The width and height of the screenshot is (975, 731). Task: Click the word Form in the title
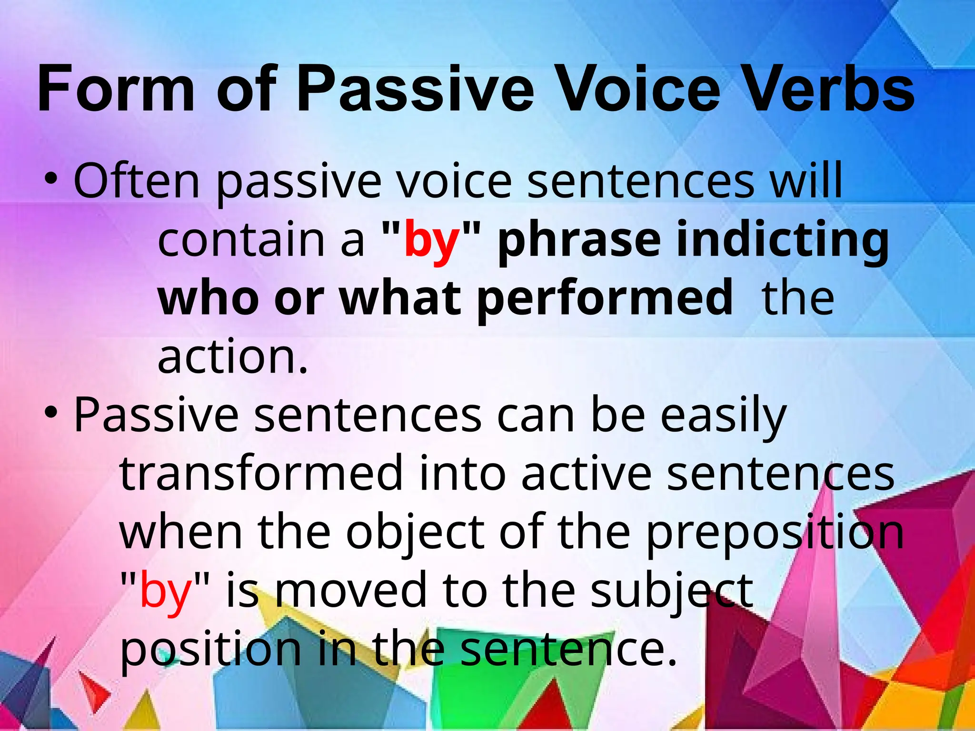tap(116, 89)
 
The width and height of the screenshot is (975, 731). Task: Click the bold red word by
tap(432, 240)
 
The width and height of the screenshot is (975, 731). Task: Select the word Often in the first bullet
tap(136, 180)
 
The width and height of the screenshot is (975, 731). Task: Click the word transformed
tap(261, 474)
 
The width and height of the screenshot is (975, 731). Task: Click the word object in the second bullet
tap(415, 533)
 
